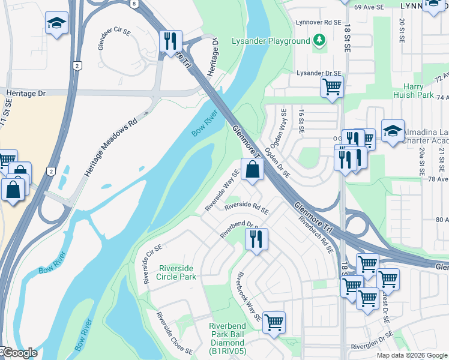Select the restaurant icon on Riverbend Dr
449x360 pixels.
(256, 239)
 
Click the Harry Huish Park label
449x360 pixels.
(414, 91)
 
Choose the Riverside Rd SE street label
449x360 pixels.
(247, 208)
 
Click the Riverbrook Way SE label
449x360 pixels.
(248, 296)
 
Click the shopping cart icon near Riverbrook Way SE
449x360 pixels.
(274, 322)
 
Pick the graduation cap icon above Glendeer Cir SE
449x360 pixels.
(56, 23)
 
